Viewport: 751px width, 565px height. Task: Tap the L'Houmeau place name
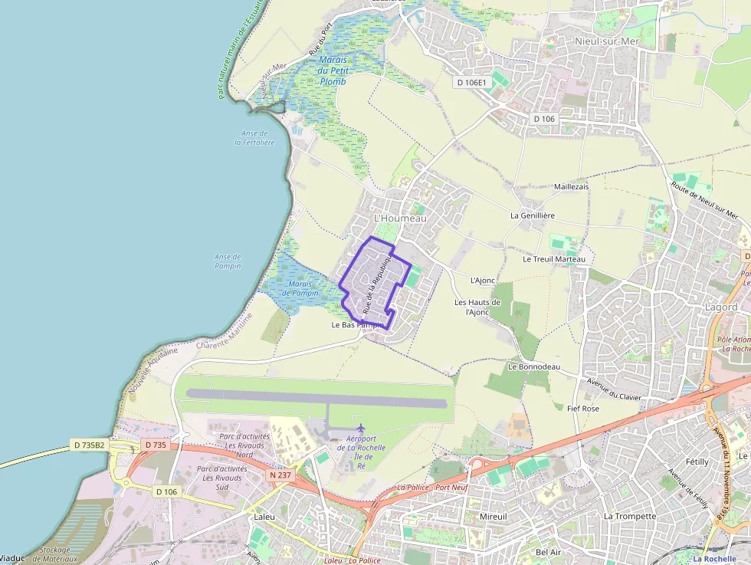click(399, 218)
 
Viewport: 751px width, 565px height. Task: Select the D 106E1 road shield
click(471, 82)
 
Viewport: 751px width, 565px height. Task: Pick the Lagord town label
click(720, 307)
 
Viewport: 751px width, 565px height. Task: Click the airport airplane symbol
click(361, 428)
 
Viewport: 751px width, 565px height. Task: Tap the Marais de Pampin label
click(300, 288)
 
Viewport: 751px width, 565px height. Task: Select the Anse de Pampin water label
click(228, 261)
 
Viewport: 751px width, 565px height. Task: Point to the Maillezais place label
click(571, 186)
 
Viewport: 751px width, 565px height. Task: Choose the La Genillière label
click(533, 215)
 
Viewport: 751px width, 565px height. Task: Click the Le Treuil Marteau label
click(554, 259)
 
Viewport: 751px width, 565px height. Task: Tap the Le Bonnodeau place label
click(533, 366)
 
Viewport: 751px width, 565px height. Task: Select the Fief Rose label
click(583, 409)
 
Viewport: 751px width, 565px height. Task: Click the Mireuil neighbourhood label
click(493, 517)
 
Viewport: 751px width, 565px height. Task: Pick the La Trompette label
click(630, 516)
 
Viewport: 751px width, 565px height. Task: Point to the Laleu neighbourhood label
click(264, 517)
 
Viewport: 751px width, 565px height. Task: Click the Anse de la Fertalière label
click(254, 138)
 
